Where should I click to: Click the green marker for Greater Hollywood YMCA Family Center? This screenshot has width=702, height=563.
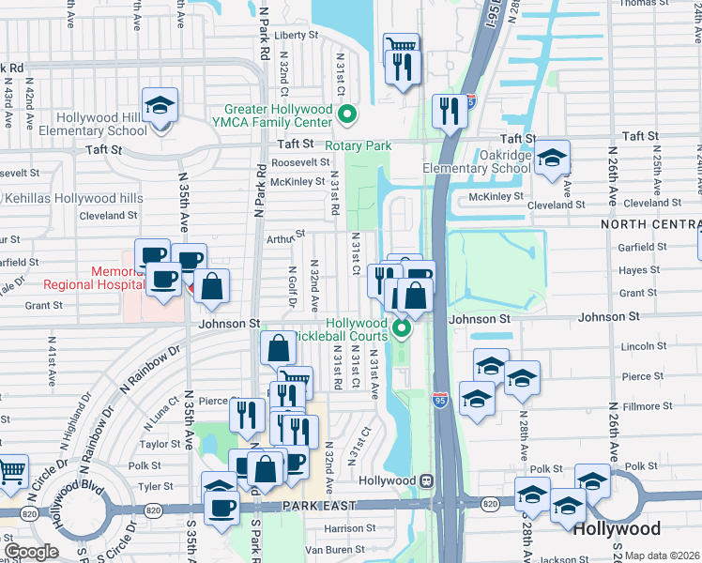[347, 116]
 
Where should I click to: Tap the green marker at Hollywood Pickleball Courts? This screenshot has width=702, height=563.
[402, 328]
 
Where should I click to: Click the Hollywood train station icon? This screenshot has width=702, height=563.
[426, 480]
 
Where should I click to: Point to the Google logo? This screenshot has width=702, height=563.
[30, 552]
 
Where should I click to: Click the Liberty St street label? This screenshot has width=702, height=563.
[290, 35]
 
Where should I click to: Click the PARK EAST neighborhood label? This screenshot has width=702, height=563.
[317, 506]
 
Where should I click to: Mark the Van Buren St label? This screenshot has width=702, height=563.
[328, 549]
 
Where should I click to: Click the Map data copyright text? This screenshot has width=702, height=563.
[662, 555]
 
